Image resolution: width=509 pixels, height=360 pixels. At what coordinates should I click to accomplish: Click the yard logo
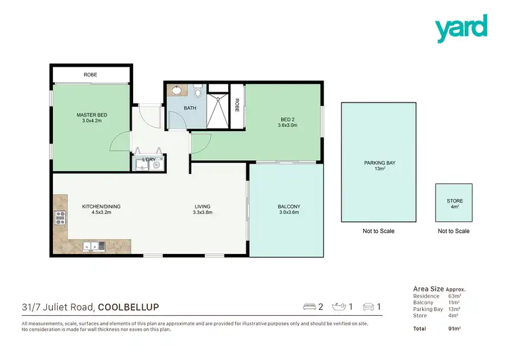(x=461, y=29)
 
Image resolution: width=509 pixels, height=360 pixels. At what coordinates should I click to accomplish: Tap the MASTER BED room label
(x=91, y=118)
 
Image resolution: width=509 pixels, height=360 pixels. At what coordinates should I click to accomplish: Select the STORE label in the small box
(x=455, y=204)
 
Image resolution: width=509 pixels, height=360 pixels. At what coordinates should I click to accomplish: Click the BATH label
(x=191, y=107)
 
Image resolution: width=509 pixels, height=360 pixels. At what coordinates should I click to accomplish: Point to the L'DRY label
(x=149, y=160)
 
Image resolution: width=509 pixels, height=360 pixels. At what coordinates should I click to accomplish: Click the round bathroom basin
(x=176, y=90)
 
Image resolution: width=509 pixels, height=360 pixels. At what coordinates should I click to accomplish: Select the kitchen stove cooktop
(x=59, y=218)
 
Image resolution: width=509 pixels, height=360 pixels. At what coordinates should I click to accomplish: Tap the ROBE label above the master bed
(x=90, y=74)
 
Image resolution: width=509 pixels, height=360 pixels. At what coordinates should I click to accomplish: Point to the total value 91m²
(x=455, y=329)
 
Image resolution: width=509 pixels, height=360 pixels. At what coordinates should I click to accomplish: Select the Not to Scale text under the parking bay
(x=379, y=231)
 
